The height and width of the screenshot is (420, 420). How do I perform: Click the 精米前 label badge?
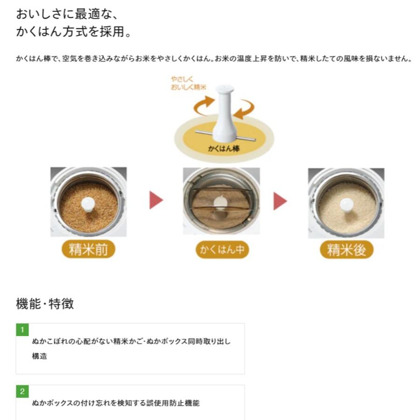coord(88,250)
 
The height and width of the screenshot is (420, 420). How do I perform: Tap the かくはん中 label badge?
coord(222,250)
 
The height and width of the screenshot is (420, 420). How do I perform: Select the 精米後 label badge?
coord(347,250)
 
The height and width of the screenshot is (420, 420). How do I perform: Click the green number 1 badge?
coord(22,330)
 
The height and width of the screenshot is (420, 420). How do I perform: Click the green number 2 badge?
coord(22,392)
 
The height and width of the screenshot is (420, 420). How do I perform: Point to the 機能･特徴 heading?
coord(45,304)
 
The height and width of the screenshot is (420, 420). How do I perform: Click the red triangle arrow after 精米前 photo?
coord(156,200)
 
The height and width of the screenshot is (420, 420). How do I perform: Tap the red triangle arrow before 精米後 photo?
coord(280,200)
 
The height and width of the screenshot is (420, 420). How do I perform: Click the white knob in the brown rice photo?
coord(88,204)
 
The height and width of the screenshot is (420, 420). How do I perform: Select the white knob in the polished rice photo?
coord(346,204)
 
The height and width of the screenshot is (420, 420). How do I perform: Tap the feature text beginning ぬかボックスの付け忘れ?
coord(115,403)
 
